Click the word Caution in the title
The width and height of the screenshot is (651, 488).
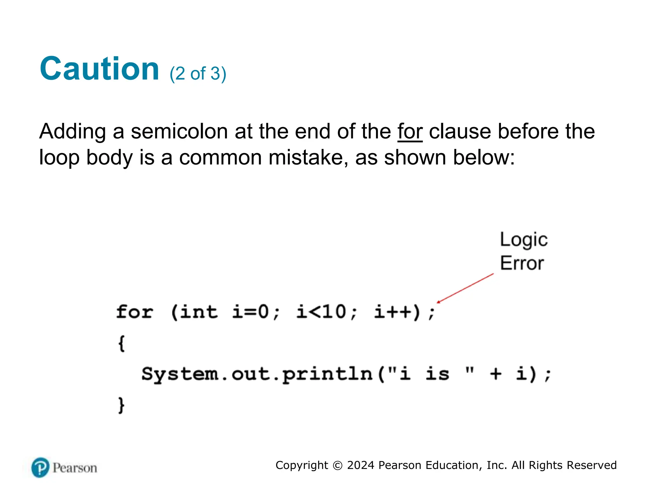tap(99, 69)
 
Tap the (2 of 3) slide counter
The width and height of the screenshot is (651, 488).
tap(198, 74)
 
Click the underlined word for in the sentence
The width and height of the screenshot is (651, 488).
tap(410, 131)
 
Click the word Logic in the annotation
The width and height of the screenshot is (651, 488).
tap(524, 240)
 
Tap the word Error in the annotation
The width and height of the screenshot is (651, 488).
tap(522, 263)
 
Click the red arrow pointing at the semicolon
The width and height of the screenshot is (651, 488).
tap(465, 288)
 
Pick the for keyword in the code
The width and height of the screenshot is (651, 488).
tap(135, 312)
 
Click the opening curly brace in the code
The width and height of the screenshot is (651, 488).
tap(121, 343)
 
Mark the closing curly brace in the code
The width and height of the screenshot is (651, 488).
tap(121, 405)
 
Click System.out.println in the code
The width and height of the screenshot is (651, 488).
tap(257, 374)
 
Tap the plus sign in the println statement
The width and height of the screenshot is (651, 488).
tap(496, 374)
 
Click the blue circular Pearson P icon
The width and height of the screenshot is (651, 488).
tap(40, 468)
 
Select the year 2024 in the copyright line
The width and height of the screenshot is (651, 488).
tap(360, 465)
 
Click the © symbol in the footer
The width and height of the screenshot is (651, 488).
tap(338, 465)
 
